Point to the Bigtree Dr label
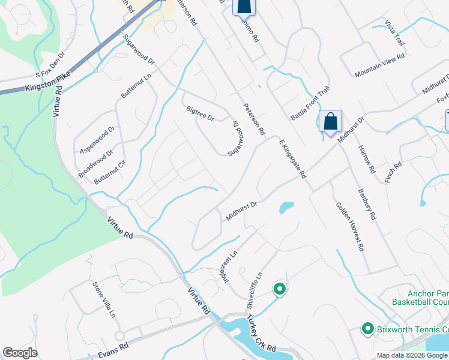tap(200, 113)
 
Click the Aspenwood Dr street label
tap(97, 140)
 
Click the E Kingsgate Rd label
tap(292, 158)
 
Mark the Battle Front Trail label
tap(310, 103)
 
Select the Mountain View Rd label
tap(379, 65)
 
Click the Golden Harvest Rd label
tap(350, 225)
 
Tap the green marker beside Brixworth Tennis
tap(367, 329)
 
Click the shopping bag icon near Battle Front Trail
tap(330, 121)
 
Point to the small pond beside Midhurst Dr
tap(286, 208)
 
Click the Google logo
tap(20, 352)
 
